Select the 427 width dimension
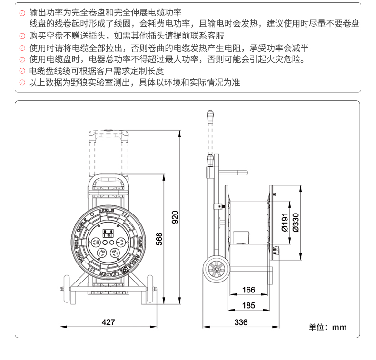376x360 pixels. tap(109, 322)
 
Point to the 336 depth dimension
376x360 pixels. tap(241, 322)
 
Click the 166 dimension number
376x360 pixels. tap(248, 290)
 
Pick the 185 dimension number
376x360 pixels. tap(248, 305)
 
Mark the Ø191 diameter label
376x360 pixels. tap(284, 222)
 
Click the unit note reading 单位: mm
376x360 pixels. tap(328, 327)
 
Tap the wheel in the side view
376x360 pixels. tap(217, 270)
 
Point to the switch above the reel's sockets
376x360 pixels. tap(109, 233)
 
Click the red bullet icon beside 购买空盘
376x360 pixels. tap(22, 36)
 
